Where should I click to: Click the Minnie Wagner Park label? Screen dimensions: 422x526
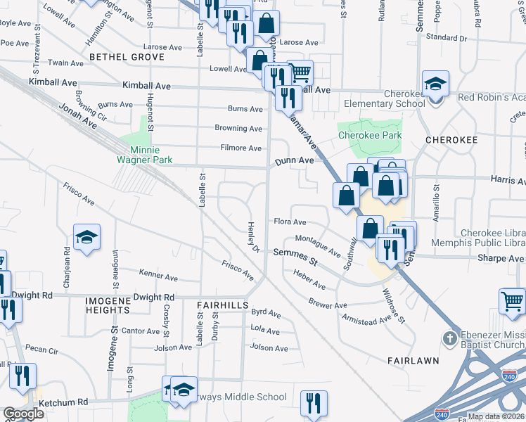[145, 155]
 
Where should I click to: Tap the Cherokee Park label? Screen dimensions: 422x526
[369, 135]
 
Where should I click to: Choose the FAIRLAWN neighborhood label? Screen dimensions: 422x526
[413, 360]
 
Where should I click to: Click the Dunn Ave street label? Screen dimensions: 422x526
[294, 161]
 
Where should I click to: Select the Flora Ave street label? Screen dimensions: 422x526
[290, 222]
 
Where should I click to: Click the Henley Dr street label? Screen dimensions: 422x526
[253, 238]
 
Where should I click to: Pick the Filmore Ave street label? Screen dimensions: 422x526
[240, 148]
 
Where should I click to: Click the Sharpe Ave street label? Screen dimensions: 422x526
[500, 258]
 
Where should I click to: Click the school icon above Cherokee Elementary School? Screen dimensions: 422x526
[435, 85]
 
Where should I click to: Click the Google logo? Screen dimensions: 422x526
[23, 414]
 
